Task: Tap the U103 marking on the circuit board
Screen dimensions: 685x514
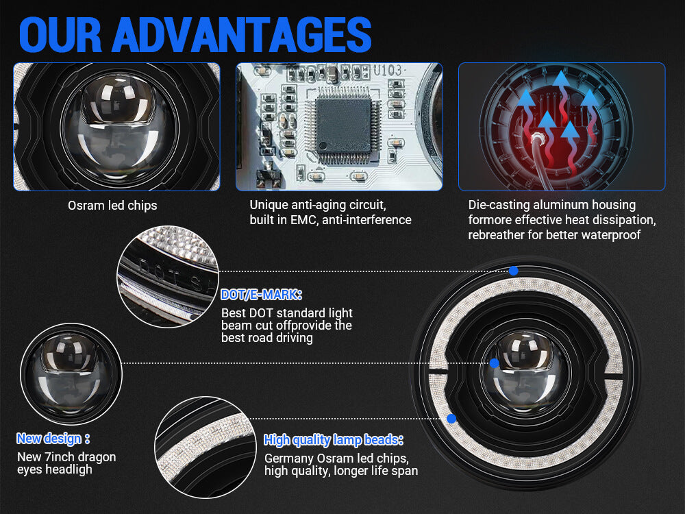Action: (x=388, y=71)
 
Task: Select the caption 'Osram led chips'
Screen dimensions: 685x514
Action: (x=112, y=206)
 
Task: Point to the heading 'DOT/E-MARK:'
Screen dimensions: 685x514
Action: (x=261, y=295)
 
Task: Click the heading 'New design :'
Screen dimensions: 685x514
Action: (x=53, y=439)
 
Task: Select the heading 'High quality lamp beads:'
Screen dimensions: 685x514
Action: (x=333, y=440)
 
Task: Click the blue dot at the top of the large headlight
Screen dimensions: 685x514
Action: (x=514, y=271)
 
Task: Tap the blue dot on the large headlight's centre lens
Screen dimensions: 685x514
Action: (x=494, y=363)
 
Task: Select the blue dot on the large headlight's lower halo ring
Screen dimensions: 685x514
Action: (x=451, y=419)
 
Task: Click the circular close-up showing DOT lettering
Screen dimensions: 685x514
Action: (x=169, y=277)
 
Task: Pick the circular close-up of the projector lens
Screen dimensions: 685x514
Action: (x=71, y=374)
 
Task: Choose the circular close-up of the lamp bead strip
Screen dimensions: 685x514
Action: (x=206, y=448)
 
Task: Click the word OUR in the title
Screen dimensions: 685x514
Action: (x=60, y=36)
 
